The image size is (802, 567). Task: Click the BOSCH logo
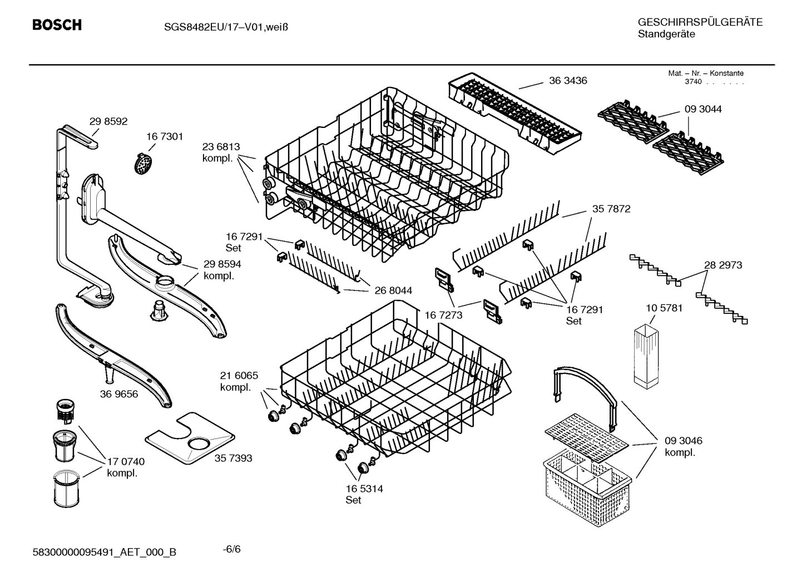point(57,25)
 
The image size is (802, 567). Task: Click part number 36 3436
point(568,81)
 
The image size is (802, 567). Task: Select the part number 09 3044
point(703,109)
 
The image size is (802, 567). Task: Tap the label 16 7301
point(165,136)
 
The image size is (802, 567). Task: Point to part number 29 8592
point(108,121)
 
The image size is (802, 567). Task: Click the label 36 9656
point(119,394)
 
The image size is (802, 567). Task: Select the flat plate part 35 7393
point(189,437)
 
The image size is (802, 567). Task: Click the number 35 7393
point(233,458)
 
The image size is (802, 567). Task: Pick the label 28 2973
point(723,265)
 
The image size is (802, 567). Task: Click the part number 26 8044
point(393,290)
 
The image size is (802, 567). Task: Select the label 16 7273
point(444,315)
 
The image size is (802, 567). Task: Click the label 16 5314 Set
point(364,494)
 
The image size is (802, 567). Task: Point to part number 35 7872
point(611,209)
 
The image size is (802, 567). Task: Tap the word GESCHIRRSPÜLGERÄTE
point(700,22)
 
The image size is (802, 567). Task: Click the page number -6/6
point(231,549)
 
